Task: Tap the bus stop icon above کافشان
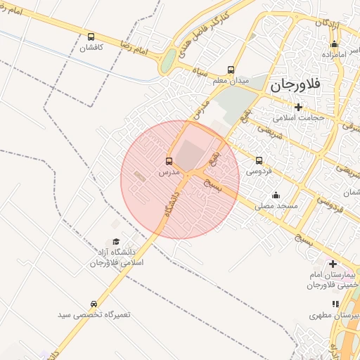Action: click(x=91, y=37)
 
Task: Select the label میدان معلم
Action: click(x=231, y=81)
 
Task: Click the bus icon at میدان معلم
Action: click(x=231, y=70)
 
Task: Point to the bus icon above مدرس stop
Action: click(x=169, y=161)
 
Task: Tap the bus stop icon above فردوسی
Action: click(x=259, y=160)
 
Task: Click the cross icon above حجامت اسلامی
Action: click(x=299, y=107)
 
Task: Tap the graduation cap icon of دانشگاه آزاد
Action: click(x=116, y=241)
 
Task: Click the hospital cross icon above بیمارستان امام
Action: click(x=333, y=264)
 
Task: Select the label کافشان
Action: click(x=91, y=48)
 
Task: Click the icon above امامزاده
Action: click(x=333, y=44)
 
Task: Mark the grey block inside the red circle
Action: click(x=188, y=153)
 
